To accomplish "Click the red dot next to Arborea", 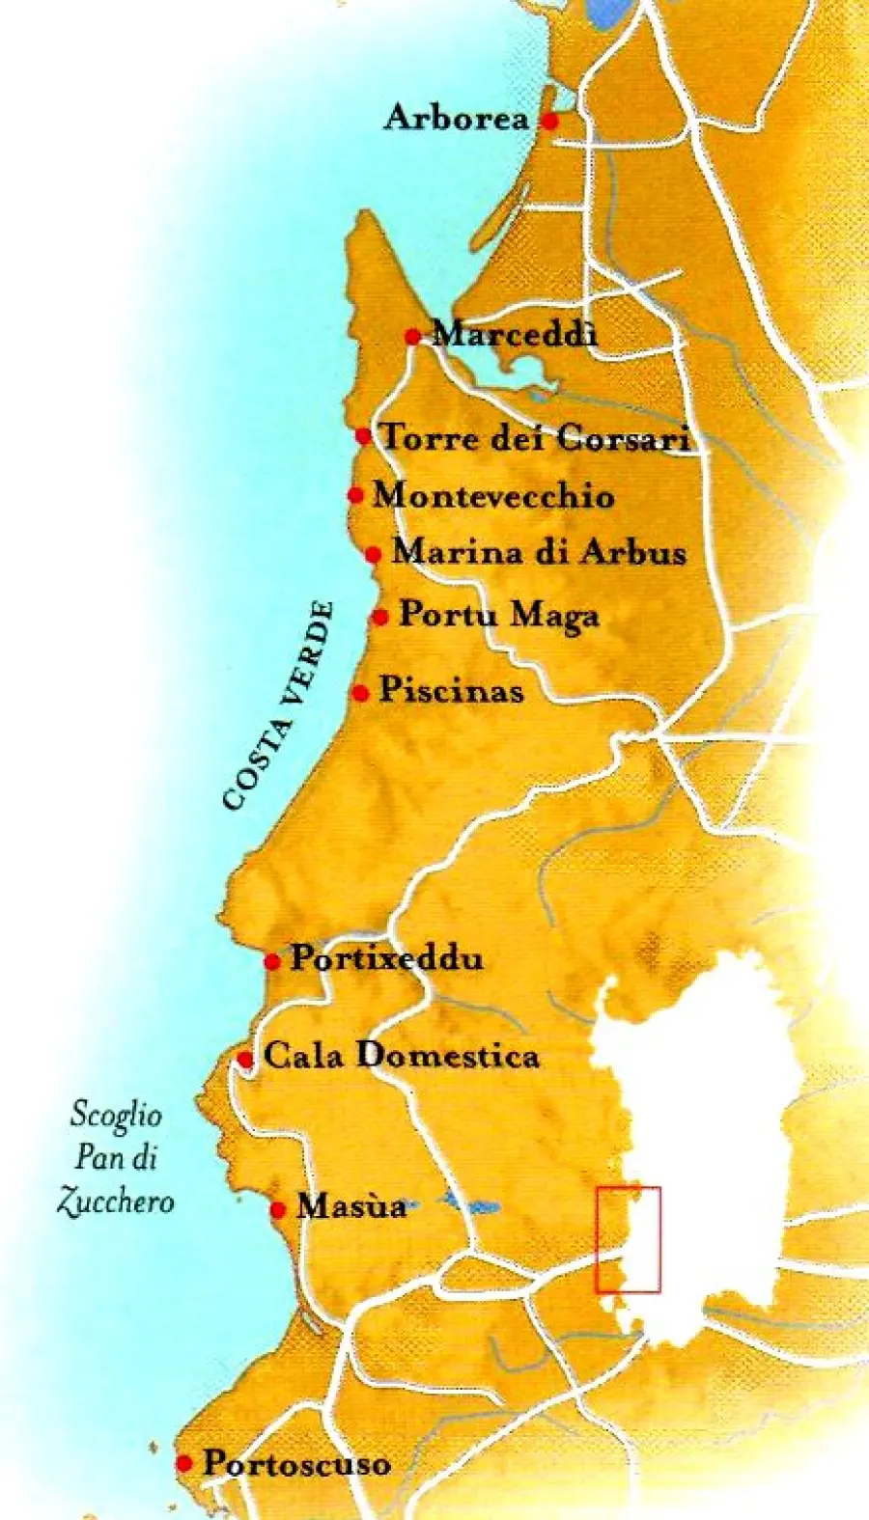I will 549,122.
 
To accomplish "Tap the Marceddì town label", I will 515,334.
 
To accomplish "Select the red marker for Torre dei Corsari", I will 363,436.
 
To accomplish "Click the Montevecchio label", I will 493,496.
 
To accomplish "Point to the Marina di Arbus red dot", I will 374,554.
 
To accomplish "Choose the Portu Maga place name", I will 499,615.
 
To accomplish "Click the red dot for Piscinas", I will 361,693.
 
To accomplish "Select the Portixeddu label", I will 386,959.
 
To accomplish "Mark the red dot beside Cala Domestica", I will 245,1060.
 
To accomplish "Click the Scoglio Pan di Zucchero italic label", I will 116,1158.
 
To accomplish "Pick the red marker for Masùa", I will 278,1209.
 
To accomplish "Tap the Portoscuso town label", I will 296,1464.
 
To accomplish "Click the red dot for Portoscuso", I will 184,1464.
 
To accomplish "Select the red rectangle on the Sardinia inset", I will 628,1239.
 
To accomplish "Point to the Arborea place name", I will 456,119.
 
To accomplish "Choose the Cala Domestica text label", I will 401,1056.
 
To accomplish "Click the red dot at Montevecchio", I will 355,495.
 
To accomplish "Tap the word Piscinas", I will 451,690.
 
